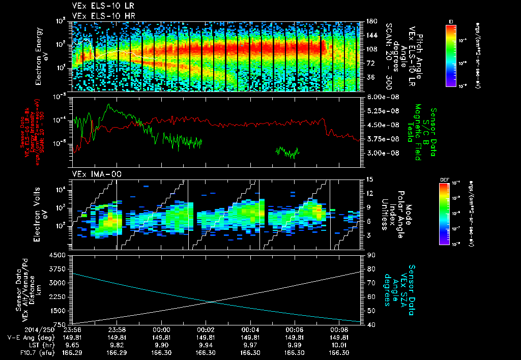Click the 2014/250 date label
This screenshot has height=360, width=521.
click(x=20, y=330)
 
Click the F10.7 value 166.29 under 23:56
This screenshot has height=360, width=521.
click(x=73, y=352)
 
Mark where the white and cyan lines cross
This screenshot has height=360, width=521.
click(x=211, y=302)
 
